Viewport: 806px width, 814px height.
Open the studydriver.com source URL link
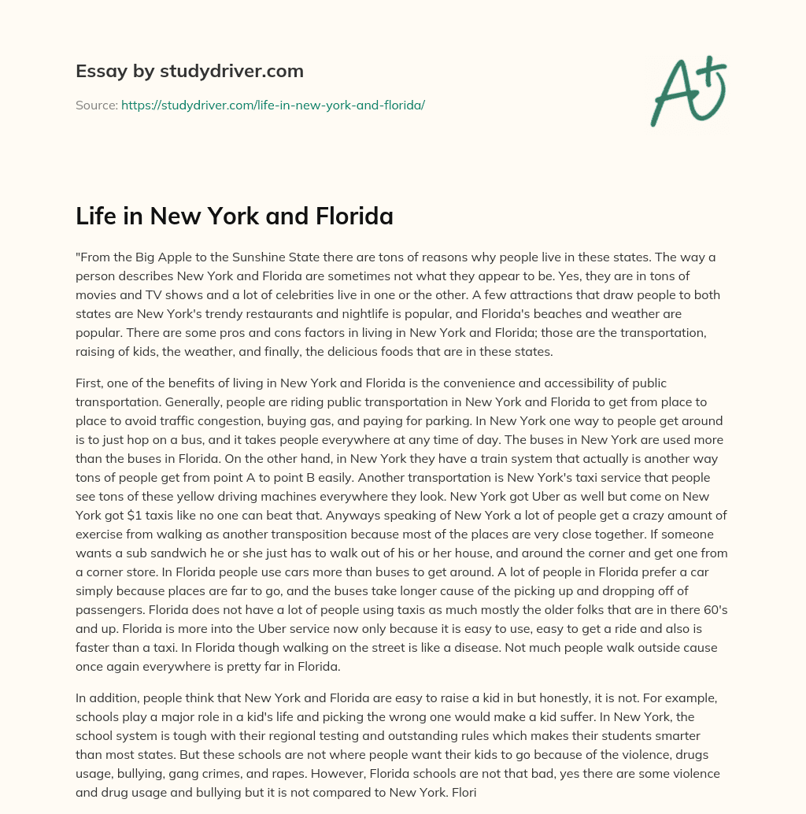point(272,105)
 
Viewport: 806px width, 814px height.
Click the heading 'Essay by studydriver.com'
point(189,71)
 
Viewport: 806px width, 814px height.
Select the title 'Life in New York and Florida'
point(234,216)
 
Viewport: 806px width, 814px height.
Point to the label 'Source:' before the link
point(96,105)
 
